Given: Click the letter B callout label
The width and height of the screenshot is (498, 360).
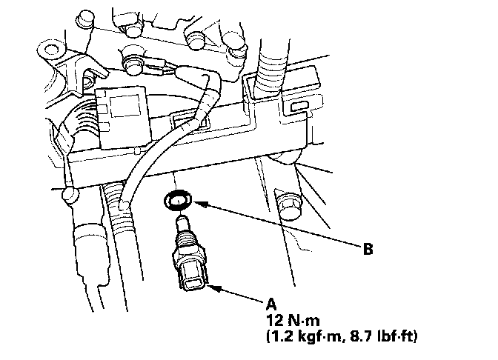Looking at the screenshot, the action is coord(368,249).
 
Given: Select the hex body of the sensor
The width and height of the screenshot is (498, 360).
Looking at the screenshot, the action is coord(188,259).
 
